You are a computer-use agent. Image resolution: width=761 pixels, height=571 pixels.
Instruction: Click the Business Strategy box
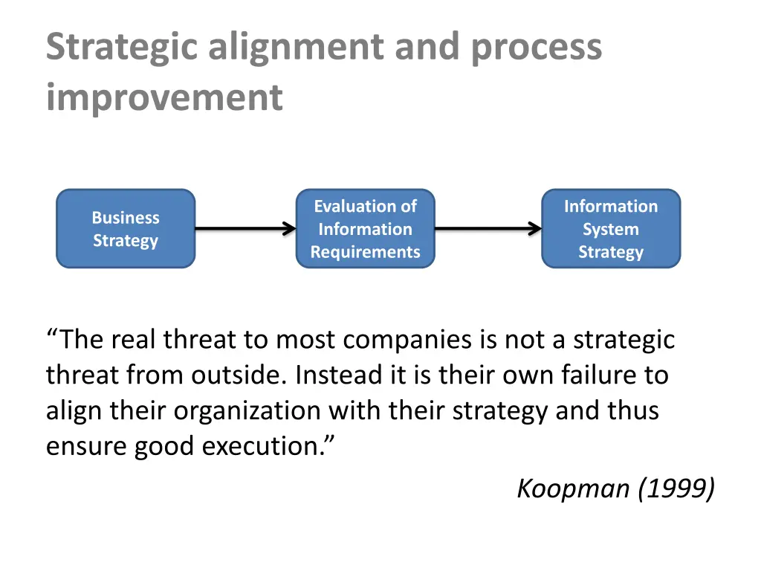click(x=126, y=228)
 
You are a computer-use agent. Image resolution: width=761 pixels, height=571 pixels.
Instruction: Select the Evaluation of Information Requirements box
click(x=365, y=228)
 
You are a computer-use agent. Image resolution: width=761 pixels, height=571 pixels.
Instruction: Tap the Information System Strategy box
click(x=610, y=228)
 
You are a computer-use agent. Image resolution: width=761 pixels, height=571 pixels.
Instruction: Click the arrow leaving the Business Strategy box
click(x=245, y=229)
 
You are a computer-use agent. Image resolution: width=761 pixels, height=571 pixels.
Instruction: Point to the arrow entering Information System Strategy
click(x=488, y=229)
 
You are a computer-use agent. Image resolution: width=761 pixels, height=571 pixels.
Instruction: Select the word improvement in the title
click(x=164, y=97)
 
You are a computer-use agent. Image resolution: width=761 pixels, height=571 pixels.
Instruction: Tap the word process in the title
click(x=536, y=48)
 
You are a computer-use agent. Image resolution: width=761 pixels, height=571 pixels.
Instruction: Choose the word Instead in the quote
click(x=339, y=375)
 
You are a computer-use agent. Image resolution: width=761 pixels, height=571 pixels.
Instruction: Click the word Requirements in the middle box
click(x=365, y=252)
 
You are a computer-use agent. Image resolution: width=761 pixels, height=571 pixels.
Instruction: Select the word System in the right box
click(x=610, y=229)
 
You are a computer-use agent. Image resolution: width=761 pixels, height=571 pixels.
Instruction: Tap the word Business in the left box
click(x=126, y=218)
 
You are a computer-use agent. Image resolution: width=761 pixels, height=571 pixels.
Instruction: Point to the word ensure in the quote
click(x=86, y=446)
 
